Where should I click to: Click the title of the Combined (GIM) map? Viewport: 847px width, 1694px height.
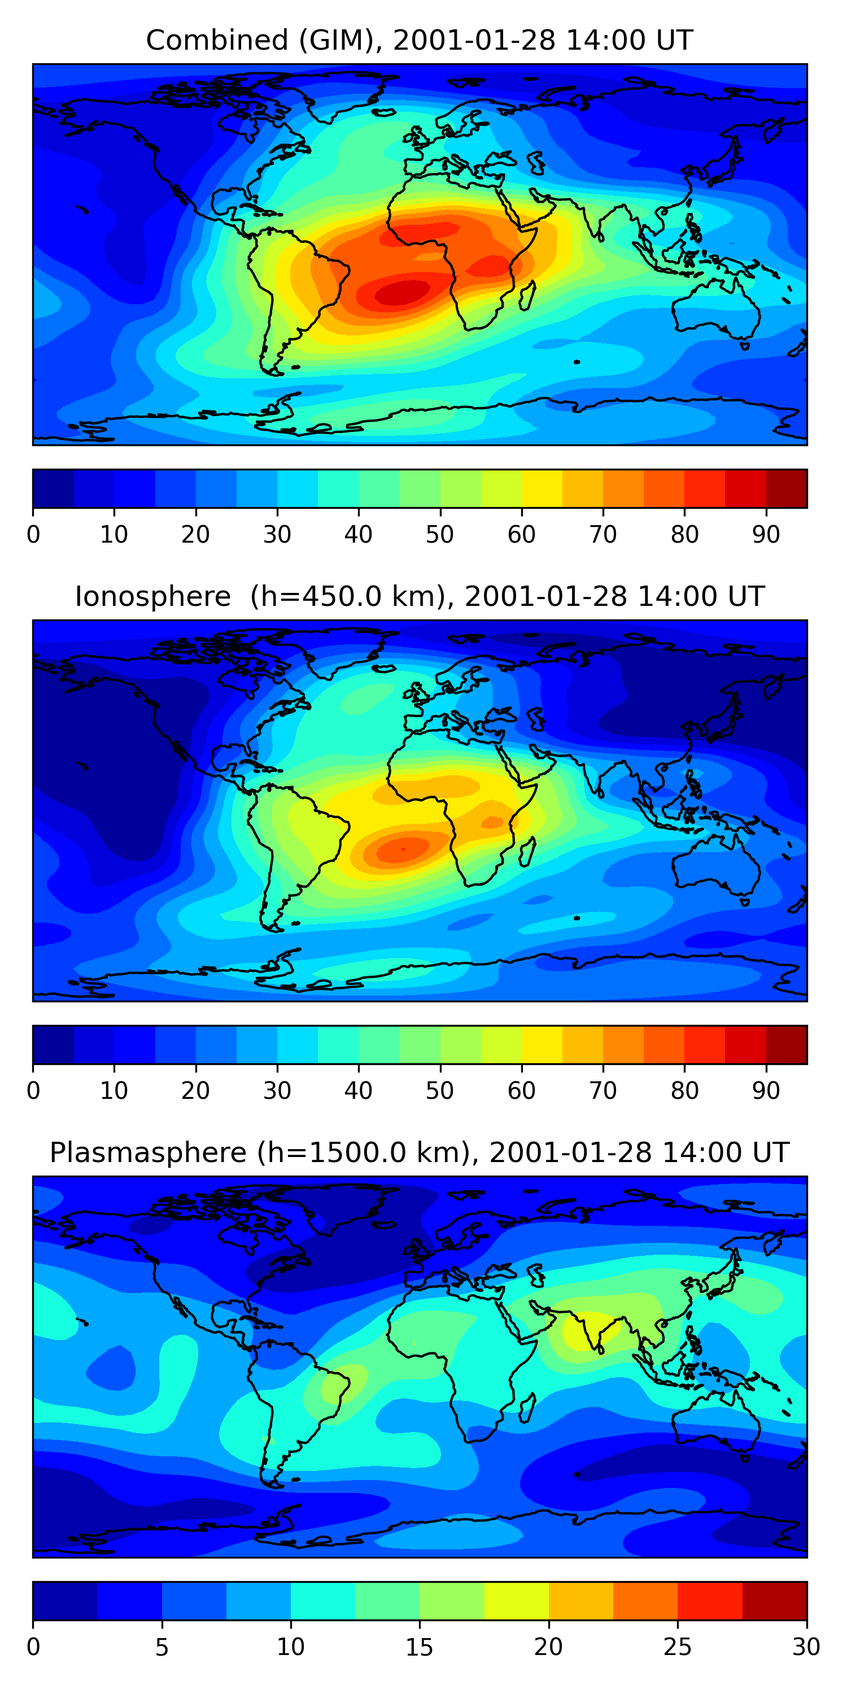coord(420,40)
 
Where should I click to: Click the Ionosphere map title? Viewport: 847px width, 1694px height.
coord(420,596)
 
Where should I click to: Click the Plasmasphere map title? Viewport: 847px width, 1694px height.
coord(420,1153)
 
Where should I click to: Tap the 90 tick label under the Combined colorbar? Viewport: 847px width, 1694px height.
coord(766,535)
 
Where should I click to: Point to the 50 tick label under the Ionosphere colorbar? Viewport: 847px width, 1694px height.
coord(440,1091)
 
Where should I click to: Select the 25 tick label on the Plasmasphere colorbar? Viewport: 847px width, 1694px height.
coord(678,1647)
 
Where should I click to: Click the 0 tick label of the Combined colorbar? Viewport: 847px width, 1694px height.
coord(33,535)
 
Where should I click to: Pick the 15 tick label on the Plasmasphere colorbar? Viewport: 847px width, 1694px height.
coord(420,1647)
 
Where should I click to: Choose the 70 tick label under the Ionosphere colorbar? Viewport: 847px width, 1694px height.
coord(603,1091)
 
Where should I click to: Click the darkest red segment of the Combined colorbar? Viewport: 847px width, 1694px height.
coord(787,488)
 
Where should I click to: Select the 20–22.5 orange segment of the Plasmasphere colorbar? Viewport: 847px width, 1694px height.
coord(580,1601)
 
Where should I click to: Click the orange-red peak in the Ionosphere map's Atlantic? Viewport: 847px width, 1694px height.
coord(403,849)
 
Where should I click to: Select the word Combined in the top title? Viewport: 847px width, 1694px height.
coord(217,40)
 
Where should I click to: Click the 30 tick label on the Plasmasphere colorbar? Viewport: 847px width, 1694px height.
coord(806,1647)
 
